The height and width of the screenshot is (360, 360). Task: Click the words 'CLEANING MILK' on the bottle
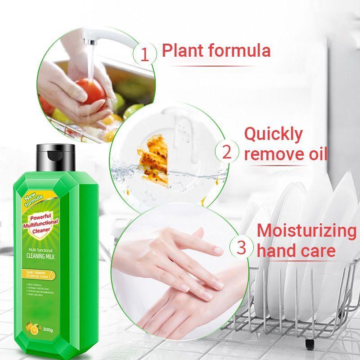pyautogui.click(x=46, y=257)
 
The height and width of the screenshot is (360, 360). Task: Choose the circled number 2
pyautogui.click(x=227, y=152)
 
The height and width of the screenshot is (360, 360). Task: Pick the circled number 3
pyautogui.click(x=241, y=247)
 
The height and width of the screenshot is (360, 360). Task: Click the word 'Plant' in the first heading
pyautogui.click(x=184, y=50)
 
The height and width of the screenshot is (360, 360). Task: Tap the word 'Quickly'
pyautogui.click(x=274, y=134)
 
